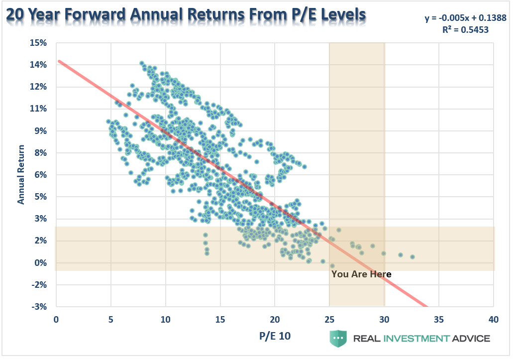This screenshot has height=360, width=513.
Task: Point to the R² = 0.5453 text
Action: pos(466,30)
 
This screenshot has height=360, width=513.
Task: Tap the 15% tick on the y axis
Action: pos(38,43)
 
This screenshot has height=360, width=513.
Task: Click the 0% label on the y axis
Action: pos(40,262)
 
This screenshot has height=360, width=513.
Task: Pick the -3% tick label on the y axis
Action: pos(39,306)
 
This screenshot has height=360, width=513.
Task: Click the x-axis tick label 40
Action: pos(494,319)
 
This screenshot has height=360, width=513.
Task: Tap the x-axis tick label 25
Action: pos(329,319)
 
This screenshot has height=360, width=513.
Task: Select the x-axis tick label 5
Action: pos(111,319)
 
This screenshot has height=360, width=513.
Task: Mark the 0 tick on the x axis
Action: pos(56,319)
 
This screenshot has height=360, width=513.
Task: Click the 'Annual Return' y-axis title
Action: pos(21,174)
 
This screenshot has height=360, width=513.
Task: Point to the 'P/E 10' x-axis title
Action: pos(274,336)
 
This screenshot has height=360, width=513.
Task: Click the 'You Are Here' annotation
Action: pos(361,274)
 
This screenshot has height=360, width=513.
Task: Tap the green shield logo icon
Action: pos(337,338)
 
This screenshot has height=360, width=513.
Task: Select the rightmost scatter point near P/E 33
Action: pos(412,257)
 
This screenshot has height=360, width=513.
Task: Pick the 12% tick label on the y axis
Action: pos(38,87)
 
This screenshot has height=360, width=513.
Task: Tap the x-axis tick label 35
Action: pos(439,319)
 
